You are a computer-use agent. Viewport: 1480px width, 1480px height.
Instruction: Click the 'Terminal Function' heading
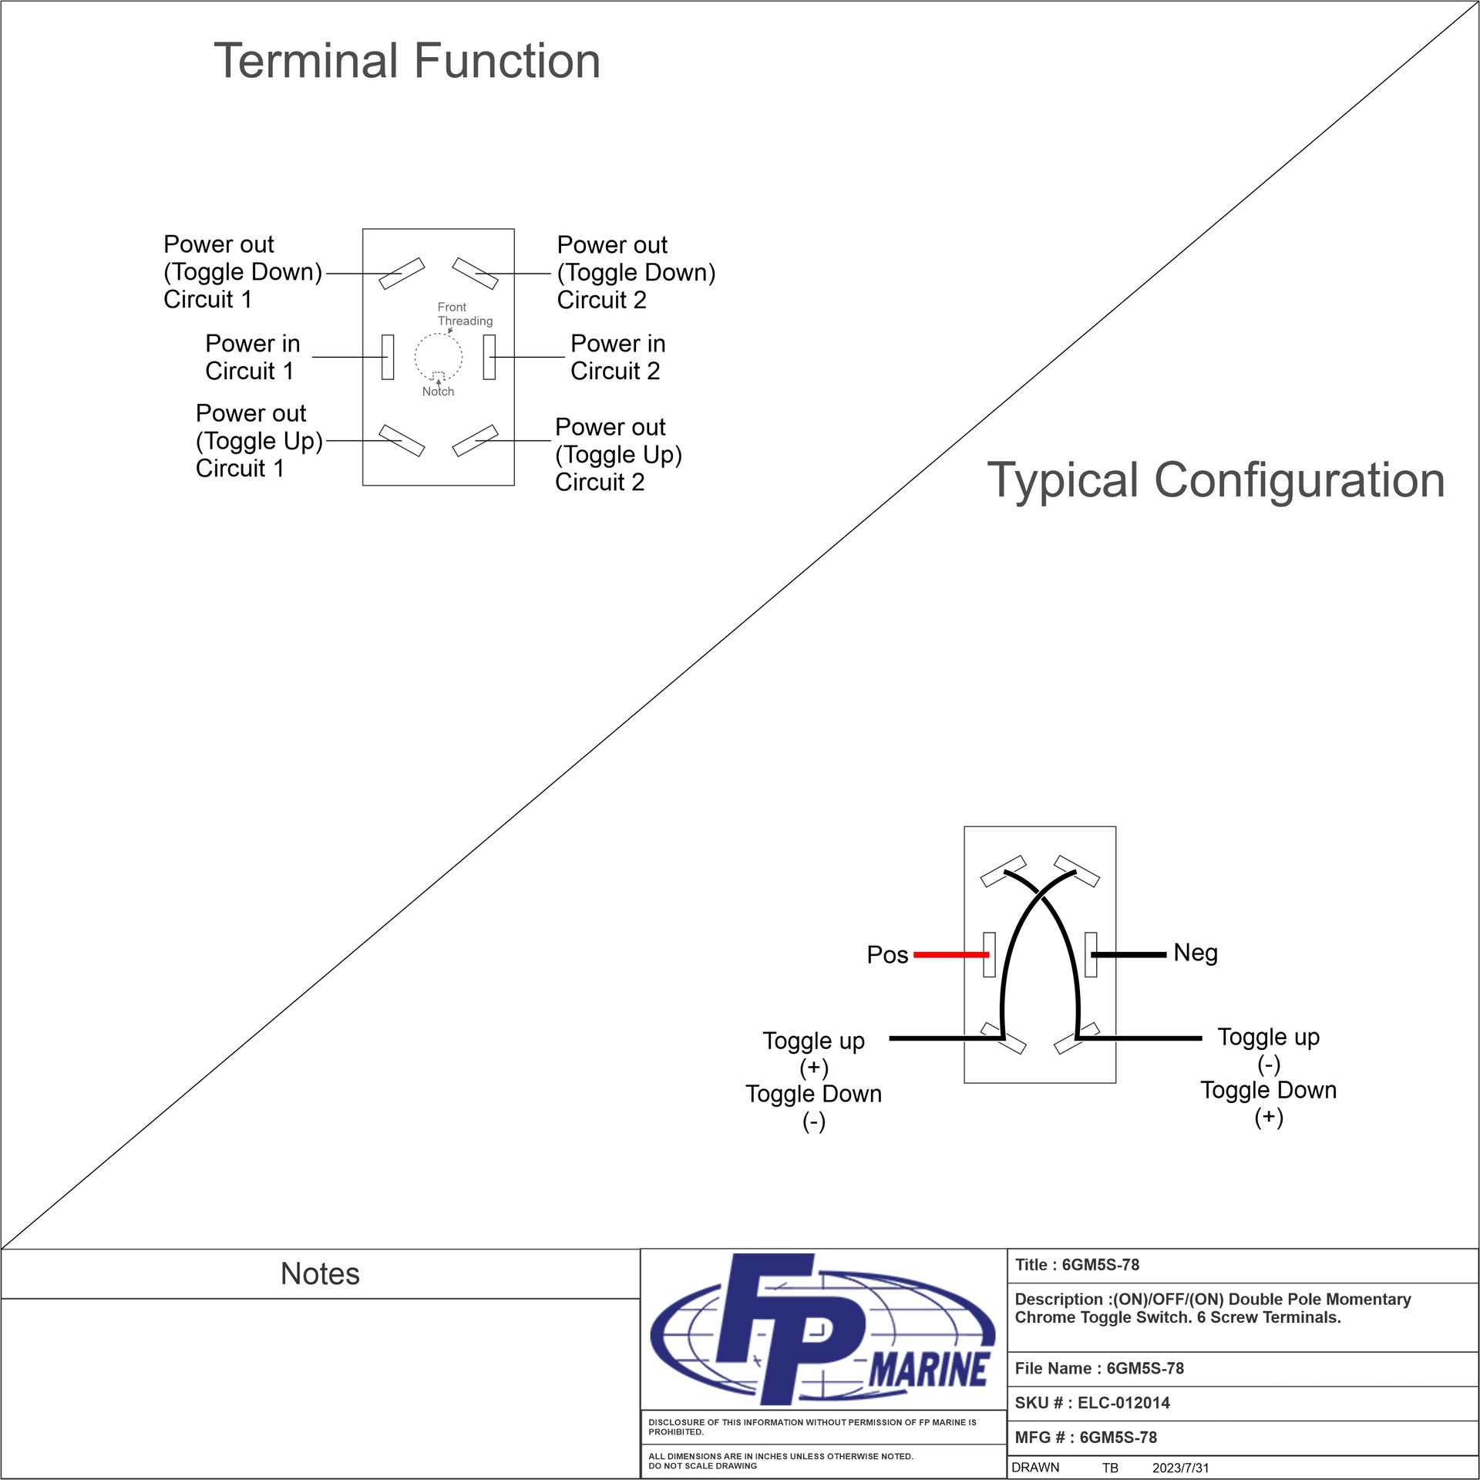click(406, 62)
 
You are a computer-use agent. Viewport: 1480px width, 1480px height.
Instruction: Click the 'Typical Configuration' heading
click(1216, 480)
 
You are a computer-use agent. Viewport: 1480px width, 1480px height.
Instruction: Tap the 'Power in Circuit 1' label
click(251, 357)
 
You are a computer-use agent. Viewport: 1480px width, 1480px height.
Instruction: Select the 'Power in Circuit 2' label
click(617, 357)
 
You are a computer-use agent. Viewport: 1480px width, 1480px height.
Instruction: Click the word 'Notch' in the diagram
click(438, 392)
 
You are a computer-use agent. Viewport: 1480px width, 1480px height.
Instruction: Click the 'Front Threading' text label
click(464, 314)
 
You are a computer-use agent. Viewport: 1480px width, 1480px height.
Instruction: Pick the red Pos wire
click(950, 954)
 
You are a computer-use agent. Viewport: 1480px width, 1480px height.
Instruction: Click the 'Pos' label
click(887, 955)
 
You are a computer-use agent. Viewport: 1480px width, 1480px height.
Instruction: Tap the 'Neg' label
click(1196, 953)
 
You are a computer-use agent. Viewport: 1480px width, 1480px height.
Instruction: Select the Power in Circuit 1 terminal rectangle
click(388, 357)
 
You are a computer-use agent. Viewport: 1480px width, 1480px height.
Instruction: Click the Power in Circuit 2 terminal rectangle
click(489, 357)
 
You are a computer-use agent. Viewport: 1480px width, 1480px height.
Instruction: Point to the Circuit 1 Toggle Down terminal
click(402, 274)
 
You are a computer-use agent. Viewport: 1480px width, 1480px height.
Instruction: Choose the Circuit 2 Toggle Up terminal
click(475, 440)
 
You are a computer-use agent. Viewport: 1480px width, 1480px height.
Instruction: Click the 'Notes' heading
click(320, 1274)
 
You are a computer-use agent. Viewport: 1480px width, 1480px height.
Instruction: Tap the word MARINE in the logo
click(929, 1370)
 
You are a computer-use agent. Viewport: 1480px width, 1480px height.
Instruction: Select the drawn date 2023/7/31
click(1180, 1468)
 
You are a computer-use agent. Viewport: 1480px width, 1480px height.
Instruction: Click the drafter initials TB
click(1109, 1468)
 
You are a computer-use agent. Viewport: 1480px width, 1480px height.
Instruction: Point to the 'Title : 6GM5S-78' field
click(1077, 1265)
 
